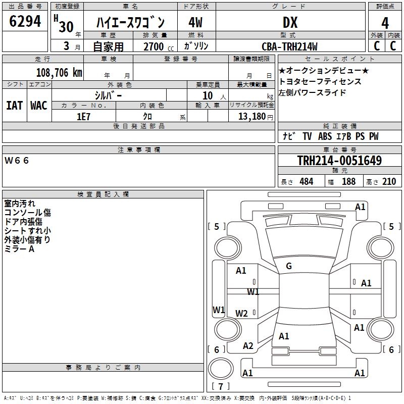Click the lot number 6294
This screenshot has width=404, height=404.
click(x=25, y=21)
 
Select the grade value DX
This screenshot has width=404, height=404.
click(x=290, y=22)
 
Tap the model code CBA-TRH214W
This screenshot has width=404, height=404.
click(x=289, y=46)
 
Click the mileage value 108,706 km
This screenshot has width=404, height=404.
click(x=59, y=73)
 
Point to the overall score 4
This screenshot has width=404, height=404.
click(x=385, y=23)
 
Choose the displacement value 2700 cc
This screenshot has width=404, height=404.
click(x=159, y=46)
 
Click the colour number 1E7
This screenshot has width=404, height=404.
click(x=83, y=117)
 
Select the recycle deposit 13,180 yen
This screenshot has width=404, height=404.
click(x=256, y=117)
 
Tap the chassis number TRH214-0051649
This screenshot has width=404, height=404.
click(x=339, y=160)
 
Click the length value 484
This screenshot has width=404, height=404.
click(x=307, y=182)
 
